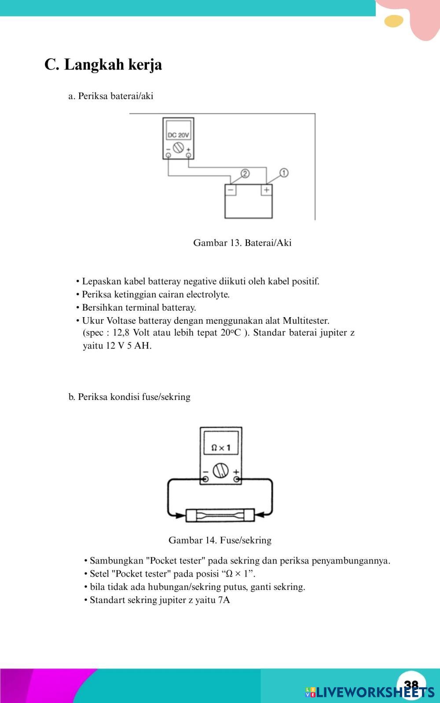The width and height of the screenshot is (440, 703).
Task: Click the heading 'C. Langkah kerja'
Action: pos(103,65)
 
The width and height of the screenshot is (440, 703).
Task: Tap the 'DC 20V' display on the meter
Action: pos(178,135)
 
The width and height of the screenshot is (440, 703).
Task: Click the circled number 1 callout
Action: pos(284,173)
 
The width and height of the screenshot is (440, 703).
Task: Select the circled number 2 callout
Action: pos(245,173)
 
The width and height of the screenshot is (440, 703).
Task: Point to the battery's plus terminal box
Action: pos(266,190)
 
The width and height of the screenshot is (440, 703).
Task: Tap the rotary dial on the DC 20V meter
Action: pos(178,148)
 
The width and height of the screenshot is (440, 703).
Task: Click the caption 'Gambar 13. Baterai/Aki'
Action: pos(242,243)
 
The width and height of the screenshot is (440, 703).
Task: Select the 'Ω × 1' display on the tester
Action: pos(220,448)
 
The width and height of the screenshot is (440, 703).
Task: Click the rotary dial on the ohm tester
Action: pos(220,470)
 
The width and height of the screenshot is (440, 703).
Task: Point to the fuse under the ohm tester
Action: pos(220,515)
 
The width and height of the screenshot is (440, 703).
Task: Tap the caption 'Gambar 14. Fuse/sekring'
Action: pos(220,540)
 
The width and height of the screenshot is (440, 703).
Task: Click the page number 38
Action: pos(411,684)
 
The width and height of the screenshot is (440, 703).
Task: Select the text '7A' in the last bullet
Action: pos(224,600)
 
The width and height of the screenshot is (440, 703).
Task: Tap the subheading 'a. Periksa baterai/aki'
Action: pos(110,96)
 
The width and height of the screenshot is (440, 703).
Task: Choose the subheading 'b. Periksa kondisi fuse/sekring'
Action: pos(129,397)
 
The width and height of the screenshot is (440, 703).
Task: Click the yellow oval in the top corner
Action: pos(393,21)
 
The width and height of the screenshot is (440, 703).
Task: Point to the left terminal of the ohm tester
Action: pos(205,479)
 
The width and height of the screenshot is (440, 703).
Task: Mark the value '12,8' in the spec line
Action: pos(121,333)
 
